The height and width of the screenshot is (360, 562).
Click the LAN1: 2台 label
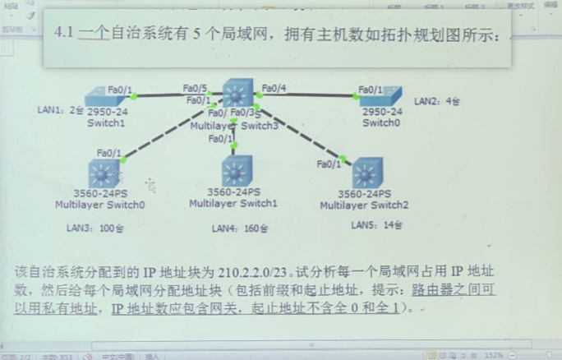pyautogui.click(x=60, y=108)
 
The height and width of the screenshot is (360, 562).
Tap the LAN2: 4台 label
pyautogui.click(x=437, y=101)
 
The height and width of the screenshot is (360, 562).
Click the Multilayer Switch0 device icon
pyautogui.click(x=104, y=174)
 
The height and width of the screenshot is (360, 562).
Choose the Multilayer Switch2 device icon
pyautogui.click(x=367, y=174)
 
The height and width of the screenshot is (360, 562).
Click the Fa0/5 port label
pyautogui.click(x=195, y=87)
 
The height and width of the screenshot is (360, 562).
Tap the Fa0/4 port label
pyautogui.click(x=274, y=88)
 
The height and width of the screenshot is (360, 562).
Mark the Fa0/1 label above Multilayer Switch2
pyautogui.click(x=329, y=164)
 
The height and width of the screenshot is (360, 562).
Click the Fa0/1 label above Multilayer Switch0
pyautogui.click(x=108, y=153)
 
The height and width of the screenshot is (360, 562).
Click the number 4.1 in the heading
pyautogui.click(x=64, y=33)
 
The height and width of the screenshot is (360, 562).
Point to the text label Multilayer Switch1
pyautogui.click(x=233, y=203)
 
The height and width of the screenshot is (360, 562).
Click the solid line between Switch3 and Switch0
pyautogui.click(x=308, y=95)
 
